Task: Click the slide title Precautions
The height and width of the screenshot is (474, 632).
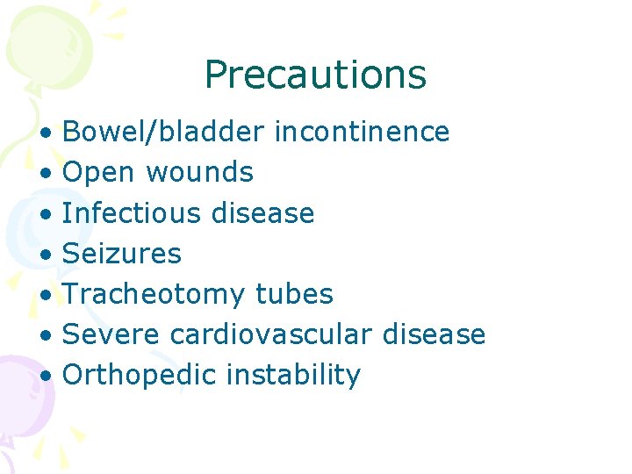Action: point(315,75)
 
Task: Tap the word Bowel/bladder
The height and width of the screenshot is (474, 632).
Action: point(163,132)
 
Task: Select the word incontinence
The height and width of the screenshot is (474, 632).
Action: point(362,132)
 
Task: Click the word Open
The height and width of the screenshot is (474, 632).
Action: point(101,172)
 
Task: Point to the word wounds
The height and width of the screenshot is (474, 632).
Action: point(199,172)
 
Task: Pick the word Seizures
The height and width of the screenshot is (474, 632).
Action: point(122,254)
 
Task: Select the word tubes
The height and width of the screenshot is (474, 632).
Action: point(294,294)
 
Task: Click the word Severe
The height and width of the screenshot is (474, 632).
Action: point(111,334)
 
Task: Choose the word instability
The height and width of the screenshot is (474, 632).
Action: point(293,376)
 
